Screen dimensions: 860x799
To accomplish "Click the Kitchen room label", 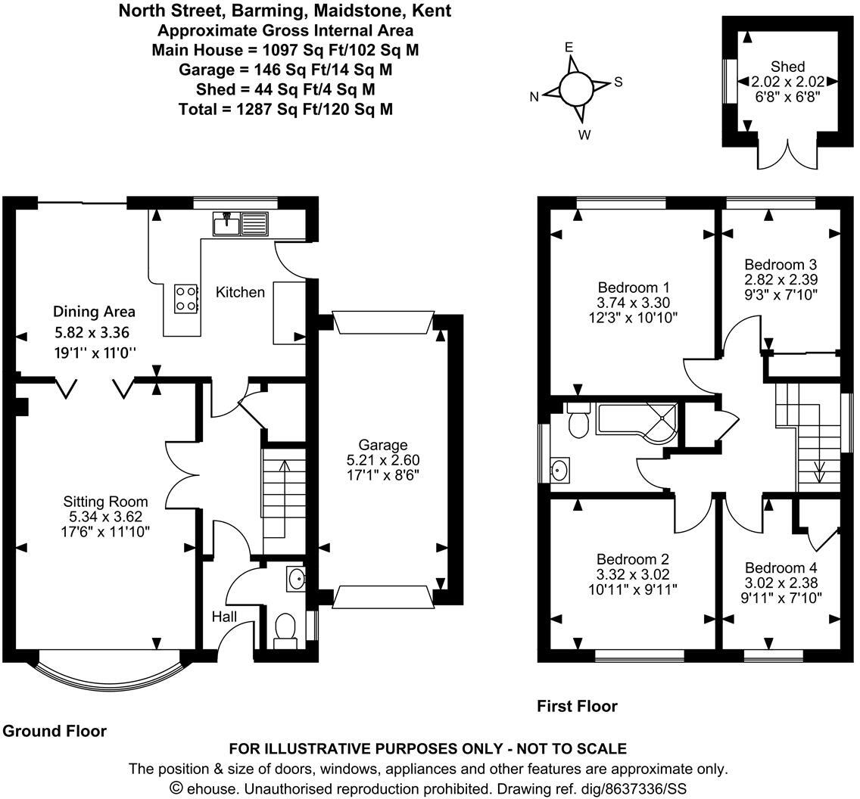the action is click(240, 292).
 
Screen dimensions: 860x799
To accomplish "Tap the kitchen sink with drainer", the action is click(240, 223).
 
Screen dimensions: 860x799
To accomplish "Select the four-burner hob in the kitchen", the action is click(186, 299).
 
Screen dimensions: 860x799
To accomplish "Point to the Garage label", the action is click(383, 445).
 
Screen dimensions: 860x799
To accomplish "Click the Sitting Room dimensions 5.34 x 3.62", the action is click(105, 516).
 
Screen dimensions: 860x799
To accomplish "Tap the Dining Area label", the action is click(94, 312).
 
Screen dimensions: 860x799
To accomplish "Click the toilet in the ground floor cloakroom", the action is click(285, 627).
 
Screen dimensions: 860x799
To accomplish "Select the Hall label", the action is click(224, 617).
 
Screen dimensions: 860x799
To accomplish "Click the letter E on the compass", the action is click(569, 47).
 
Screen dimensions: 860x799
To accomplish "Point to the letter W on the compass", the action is click(584, 135).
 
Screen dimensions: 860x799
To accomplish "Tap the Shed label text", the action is click(787, 67).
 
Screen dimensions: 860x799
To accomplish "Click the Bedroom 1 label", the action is click(634, 288).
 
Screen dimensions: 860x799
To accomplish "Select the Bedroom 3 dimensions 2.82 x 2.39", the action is click(781, 279).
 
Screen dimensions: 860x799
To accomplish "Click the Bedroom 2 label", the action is click(633, 559).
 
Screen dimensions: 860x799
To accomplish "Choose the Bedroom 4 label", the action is click(781, 567).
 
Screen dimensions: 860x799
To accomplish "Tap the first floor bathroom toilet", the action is click(578, 421).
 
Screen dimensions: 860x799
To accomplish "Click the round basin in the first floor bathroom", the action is click(559, 470).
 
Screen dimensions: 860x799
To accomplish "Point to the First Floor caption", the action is click(577, 706).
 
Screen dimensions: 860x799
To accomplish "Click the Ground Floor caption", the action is click(55, 731).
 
